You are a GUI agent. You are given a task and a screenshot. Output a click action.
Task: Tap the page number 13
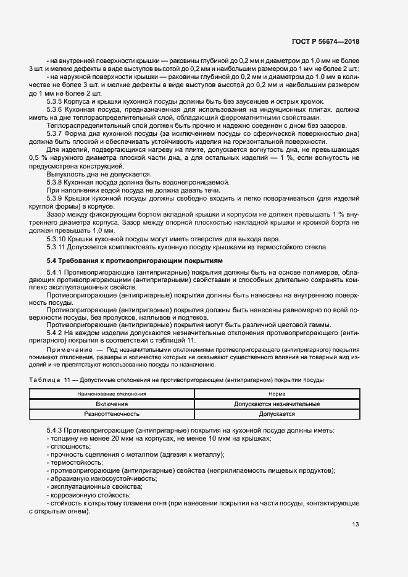(355, 525)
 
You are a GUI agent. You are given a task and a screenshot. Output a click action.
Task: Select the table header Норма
(277, 393)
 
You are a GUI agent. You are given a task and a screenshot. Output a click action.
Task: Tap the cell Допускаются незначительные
(277, 404)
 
